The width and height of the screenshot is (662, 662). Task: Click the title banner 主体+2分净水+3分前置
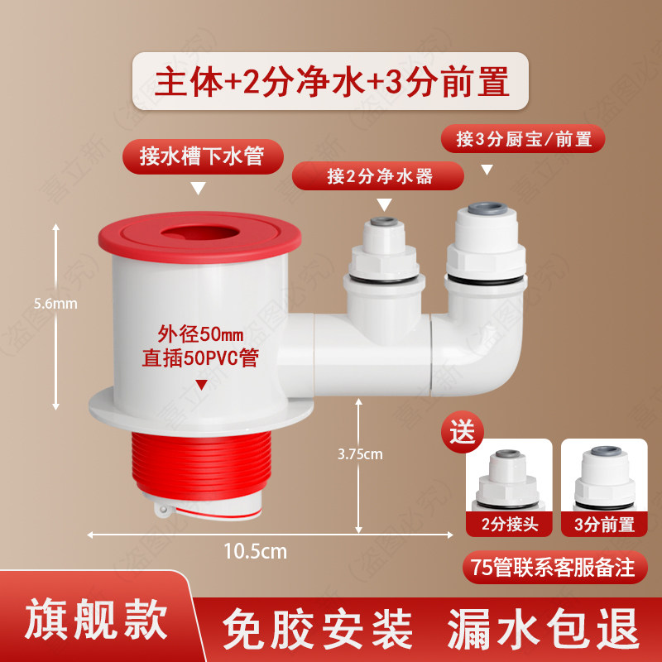(330, 81)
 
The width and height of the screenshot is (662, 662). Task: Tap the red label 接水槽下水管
(203, 156)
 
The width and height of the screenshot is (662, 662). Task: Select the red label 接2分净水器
(378, 175)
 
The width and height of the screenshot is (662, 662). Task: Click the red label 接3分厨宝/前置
(523, 139)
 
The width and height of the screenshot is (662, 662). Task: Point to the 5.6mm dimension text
(55, 304)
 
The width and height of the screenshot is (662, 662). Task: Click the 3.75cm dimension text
(360, 454)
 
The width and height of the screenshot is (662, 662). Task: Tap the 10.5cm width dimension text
(255, 551)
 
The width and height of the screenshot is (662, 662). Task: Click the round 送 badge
(463, 431)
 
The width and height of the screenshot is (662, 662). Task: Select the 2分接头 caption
(509, 525)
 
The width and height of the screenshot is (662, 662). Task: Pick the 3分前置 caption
(604, 525)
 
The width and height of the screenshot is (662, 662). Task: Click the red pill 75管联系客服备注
(554, 567)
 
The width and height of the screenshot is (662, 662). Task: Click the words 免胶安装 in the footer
(318, 628)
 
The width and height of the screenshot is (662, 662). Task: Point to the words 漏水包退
(543, 628)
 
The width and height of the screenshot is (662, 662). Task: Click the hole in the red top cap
(200, 233)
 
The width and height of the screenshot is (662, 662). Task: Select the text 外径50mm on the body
(200, 334)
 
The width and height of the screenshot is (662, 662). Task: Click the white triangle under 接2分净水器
(384, 204)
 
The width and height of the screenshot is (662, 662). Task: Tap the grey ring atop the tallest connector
(487, 209)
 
